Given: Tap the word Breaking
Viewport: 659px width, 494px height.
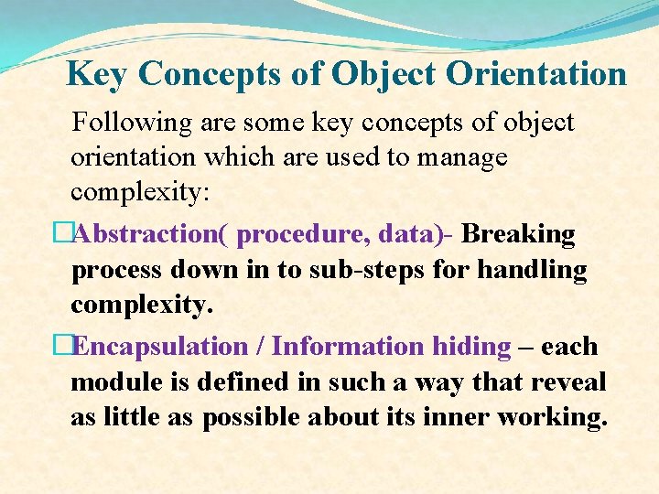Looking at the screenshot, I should click(519, 234).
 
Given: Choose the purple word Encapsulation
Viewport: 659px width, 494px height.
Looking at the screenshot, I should click(159, 347).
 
